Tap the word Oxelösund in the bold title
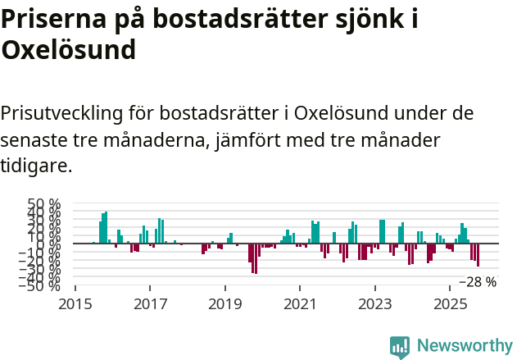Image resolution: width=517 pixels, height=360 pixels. click(68, 51)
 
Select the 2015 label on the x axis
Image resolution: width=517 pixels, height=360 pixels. click(75, 304)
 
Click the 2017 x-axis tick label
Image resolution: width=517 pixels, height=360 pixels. click(150, 304)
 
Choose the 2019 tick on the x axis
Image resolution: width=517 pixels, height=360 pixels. click(224, 304)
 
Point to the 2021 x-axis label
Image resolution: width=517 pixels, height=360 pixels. click(300, 304)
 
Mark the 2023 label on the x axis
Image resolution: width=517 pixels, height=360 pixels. click(375, 304)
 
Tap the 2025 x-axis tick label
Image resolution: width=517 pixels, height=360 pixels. click(450, 304)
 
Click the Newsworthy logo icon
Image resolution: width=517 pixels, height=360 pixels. click(400, 347)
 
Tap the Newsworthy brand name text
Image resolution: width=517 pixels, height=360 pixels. click(464, 347)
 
